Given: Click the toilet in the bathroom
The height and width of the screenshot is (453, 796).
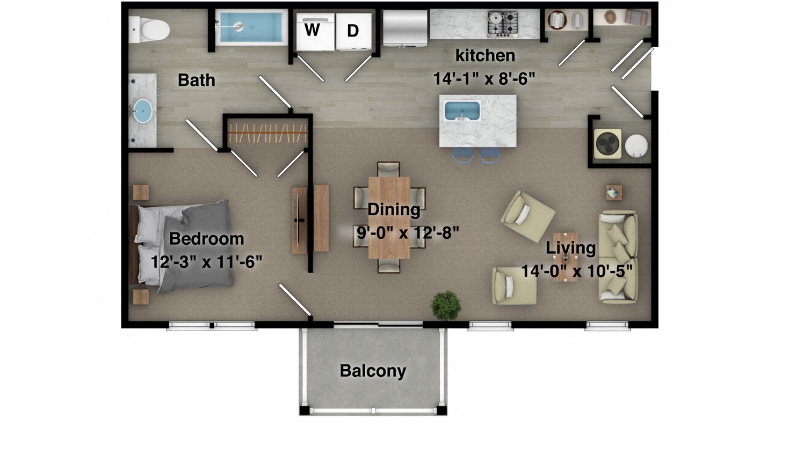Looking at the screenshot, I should (x=149, y=30).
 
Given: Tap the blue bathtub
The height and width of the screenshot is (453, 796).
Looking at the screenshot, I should (x=250, y=27).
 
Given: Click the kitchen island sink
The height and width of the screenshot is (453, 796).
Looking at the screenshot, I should (x=462, y=111).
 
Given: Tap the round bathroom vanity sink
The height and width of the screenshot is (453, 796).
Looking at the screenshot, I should (x=143, y=111).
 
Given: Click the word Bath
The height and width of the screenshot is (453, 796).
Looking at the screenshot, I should (x=197, y=81).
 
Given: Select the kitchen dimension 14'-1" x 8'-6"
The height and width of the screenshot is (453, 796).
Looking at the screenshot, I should (x=484, y=79).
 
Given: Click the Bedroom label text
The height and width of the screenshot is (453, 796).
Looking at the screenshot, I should (x=206, y=239).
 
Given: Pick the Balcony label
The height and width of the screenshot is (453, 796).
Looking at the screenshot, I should (x=373, y=371).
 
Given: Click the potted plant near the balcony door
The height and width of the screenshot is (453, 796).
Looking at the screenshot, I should (x=446, y=305).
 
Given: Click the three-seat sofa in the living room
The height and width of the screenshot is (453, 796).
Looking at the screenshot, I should (x=618, y=257).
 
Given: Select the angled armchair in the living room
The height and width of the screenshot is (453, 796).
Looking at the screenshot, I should (x=527, y=216).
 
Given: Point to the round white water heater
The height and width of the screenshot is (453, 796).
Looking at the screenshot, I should (x=636, y=144).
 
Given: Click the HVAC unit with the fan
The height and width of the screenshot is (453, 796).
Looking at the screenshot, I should (x=608, y=144).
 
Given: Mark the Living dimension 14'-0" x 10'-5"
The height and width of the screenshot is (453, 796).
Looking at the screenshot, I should (x=577, y=272).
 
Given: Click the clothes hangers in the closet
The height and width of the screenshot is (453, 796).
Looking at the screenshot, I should (x=267, y=133).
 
